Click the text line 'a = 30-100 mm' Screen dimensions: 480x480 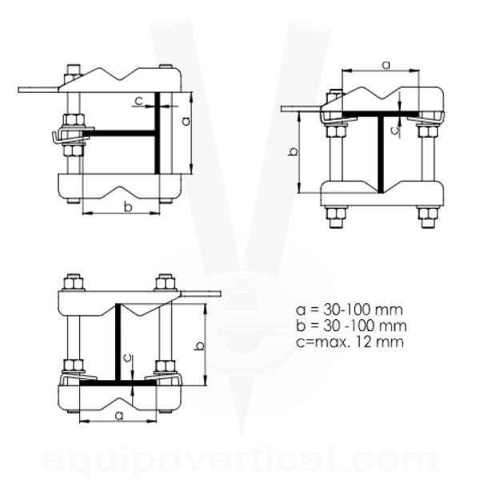pyautogui.click(x=350, y=310)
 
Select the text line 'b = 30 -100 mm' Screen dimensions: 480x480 pyautogui.click(x=351, y=326)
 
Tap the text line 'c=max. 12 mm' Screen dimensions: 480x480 pyautogui.click(x=350, y=342)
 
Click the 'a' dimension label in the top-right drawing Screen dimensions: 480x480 pyautogui.click(x=386, y=65)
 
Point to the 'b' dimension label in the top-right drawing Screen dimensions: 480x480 pyautogui.click(x=293, y=152)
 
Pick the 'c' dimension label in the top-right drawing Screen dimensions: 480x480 pyautogui.click(x=395, y=130)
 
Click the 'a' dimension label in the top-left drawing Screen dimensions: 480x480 pyautogui.click(x=186, y=122)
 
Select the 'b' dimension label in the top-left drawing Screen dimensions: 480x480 pyautogui.click(x=128, y=206)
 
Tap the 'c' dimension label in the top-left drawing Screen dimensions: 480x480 pyautogui.click(x=139, y=100)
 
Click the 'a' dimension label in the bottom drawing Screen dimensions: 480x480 pyautogui.click(x=119, y=416)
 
